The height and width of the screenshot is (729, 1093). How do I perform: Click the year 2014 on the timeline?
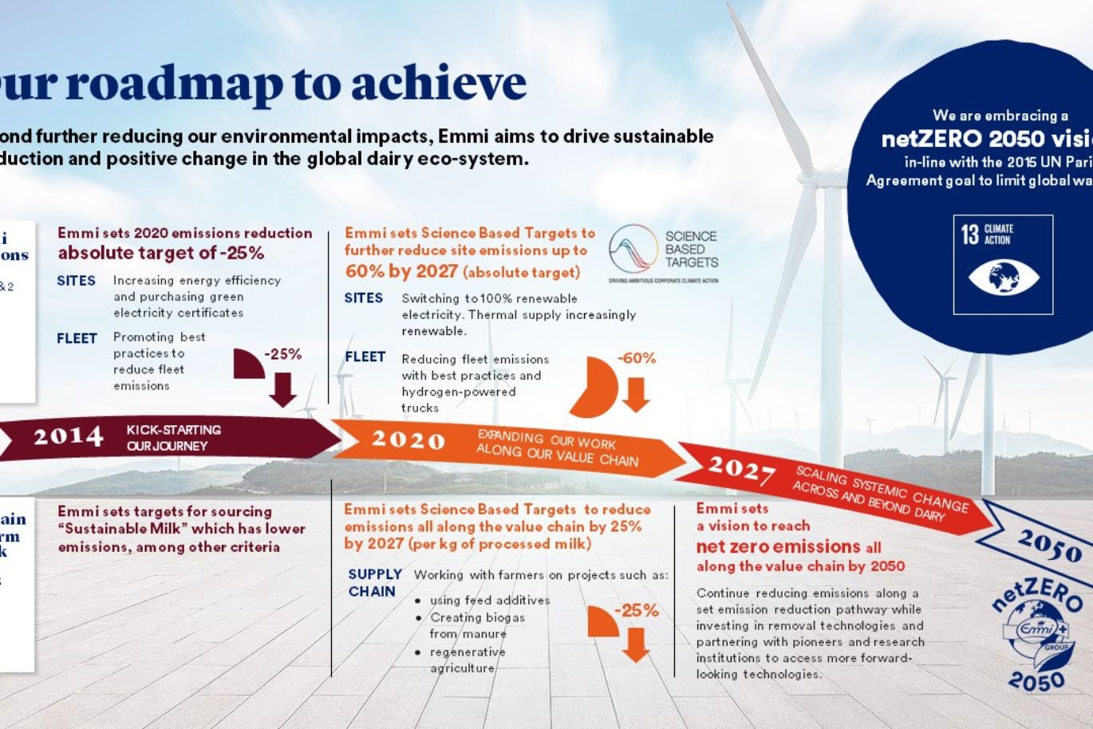point(68,436)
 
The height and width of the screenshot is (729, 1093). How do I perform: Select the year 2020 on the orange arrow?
point(408,439)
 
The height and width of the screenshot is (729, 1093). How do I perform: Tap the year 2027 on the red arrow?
point(741,470)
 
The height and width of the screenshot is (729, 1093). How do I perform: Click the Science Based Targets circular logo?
point(633,249)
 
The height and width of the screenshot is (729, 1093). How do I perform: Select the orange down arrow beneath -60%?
point(636,395)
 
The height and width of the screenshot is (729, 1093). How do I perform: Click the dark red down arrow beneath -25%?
point(282,389)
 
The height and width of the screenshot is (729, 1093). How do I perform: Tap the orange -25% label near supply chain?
point(636,610)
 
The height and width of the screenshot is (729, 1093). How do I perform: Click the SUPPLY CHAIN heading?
point(374,582)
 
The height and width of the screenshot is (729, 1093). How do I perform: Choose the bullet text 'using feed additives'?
point(489,600)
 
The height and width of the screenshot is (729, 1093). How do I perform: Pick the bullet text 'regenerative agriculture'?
point(467,660)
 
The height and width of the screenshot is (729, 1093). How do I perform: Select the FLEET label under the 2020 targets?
point(365,357)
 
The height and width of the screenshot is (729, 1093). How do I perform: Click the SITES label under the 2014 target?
point(76,281)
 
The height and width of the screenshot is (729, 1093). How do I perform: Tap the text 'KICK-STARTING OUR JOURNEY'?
point(173,437)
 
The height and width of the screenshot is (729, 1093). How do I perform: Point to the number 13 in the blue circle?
point(969,234)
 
